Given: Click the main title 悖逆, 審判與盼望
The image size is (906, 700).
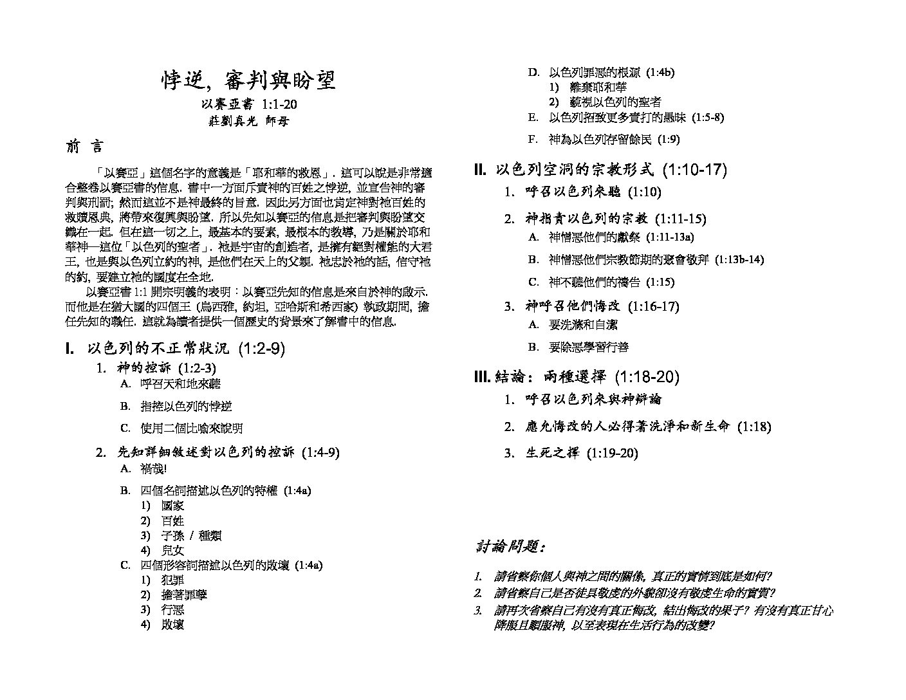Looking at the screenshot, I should [248, 81].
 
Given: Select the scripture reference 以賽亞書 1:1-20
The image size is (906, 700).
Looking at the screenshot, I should [248, 104].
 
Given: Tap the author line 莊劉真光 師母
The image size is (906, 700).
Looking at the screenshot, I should [248, 121].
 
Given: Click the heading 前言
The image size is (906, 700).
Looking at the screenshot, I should [84, 147].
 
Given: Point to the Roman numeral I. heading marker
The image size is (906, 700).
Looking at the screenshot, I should [70, 349].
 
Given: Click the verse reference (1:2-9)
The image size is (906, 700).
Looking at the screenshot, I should [261, 349].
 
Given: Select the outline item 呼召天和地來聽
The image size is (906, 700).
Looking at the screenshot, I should [181, 384].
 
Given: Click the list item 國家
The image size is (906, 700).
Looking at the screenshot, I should [172, 506].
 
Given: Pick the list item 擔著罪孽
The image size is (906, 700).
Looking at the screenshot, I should [184, 594].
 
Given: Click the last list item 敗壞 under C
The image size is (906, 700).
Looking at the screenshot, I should [172, 624].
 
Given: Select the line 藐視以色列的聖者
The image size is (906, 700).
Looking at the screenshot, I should [615, 102].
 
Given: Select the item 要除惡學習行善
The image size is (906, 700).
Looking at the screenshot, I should [588, 347].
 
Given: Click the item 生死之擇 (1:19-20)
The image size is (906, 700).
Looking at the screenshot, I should [582, 453].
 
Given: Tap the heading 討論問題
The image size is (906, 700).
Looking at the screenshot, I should [512, 548].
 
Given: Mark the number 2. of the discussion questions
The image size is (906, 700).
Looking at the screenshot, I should [478, 593].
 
